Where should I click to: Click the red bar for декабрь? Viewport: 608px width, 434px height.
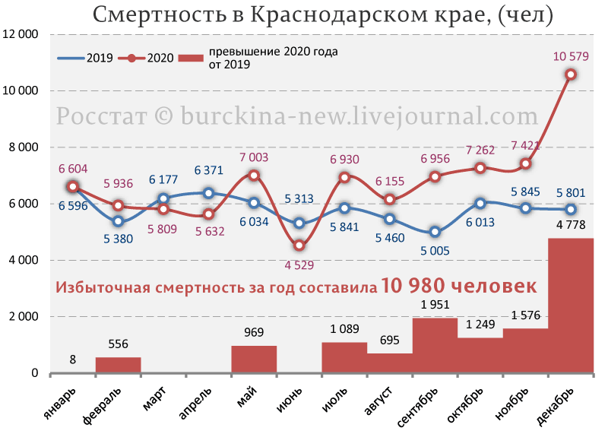570,306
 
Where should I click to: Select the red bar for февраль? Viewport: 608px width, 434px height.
118,365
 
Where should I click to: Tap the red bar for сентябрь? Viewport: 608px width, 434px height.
435,345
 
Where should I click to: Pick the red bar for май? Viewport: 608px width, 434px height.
254,359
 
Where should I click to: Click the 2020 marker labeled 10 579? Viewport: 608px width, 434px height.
570,74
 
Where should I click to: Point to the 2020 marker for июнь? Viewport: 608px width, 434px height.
299,246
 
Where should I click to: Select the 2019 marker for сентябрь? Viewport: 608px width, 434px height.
435,232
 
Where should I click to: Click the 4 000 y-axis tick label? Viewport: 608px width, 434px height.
24,260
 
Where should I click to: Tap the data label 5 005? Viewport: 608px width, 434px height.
435,251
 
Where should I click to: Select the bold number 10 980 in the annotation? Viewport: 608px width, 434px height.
418,287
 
